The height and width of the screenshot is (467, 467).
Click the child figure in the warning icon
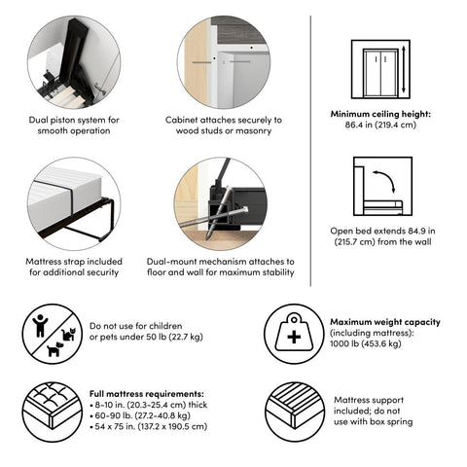pyautogui.click(x=40, y=326)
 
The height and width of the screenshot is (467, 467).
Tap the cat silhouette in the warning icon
pyautogui.click(x=69, y=334)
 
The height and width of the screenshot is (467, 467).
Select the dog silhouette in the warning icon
pyautogui.click(x=55, y=349)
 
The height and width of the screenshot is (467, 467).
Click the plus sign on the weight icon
pyautogui.click(x=294, y=338)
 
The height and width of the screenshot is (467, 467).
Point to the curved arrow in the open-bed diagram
pyautogui.click(x=386, y=177)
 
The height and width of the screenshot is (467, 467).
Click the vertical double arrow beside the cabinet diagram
pyautogui.click(x=404, y=69)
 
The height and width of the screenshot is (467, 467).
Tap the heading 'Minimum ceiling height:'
pyautogui.click(x=380, y=114)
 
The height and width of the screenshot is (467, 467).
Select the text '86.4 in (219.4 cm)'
pyautogui.click(x=380, y=125)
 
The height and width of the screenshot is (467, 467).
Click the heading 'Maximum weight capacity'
pyautogui.click(x=385, y=322)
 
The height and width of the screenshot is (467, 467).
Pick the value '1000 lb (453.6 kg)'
pyautogui.click(x=366, y=343)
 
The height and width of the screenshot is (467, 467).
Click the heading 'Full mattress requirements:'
pyautogui.click(x=147, y=394)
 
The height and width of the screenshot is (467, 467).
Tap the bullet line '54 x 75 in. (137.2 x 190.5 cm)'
pyautogui.click(x=149, y=426)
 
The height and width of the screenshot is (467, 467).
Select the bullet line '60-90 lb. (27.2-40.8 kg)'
pyautogui.click(x=140, y=415)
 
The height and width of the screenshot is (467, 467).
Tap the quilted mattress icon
pyautogui.click(x=53, y=412)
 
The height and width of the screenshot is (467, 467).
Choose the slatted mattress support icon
pyautogui.click(x=295, y=412)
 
